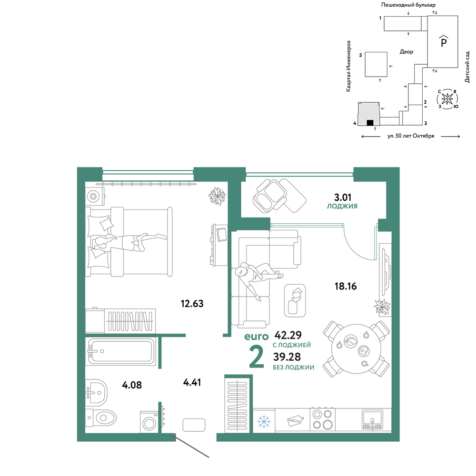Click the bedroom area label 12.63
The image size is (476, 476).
[x=192, y=303]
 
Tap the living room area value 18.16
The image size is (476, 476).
[x=346, y=286]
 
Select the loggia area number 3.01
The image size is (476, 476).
[x=343, y=198]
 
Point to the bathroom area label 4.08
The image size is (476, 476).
[x=132, y=385]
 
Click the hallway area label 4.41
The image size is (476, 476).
[x=192, y=382]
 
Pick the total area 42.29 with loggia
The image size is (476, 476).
[x=288, y=335]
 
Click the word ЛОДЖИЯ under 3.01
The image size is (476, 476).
[x=342, y=206]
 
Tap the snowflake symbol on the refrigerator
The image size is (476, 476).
[x=264, y=421]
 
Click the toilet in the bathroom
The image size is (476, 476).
[x=101, y=418]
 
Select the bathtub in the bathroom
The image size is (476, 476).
[x=121, y=351]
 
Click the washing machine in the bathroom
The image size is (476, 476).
[x=149, y=422]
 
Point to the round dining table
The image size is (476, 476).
[x=356, y=349]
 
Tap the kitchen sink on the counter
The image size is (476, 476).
[x=372, y=419]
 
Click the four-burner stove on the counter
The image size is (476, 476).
[x=323, y=419]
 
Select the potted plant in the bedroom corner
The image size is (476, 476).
[x=217, y=196]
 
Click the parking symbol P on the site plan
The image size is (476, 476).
[x=444, y=41]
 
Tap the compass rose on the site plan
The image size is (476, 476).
[x=447, y=99]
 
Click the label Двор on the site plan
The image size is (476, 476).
[x=407, y=52]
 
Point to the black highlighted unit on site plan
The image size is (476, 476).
[x=370, y=123]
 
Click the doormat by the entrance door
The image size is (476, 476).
[x=194, y=425]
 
